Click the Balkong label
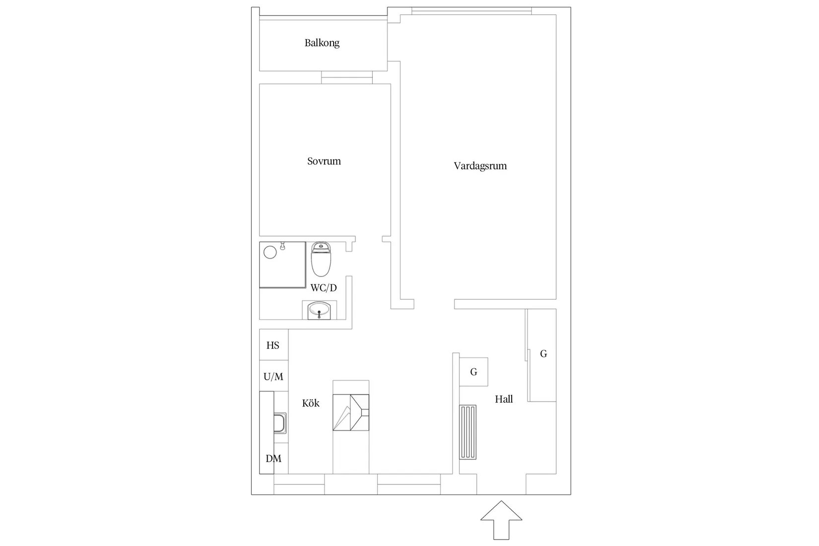[322, 43]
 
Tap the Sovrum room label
[324, 161]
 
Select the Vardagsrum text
[480, 166]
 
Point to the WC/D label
[324, 288]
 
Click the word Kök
[311, 403]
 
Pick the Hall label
[504, 399]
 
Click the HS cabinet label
[273, 345]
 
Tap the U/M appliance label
[273, 376]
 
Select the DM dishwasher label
[273, 459]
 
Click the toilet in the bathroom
[321, 259]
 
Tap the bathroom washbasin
[319, 311]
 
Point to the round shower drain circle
[270, 252]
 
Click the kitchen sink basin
[280, 423]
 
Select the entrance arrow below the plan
[501, 520]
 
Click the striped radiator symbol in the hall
[468, 432]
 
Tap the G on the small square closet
[474, 372]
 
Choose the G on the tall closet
[544, 353]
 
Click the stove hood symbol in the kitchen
[351, 412]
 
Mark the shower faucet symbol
[282, 246]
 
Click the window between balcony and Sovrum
[347, 77]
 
